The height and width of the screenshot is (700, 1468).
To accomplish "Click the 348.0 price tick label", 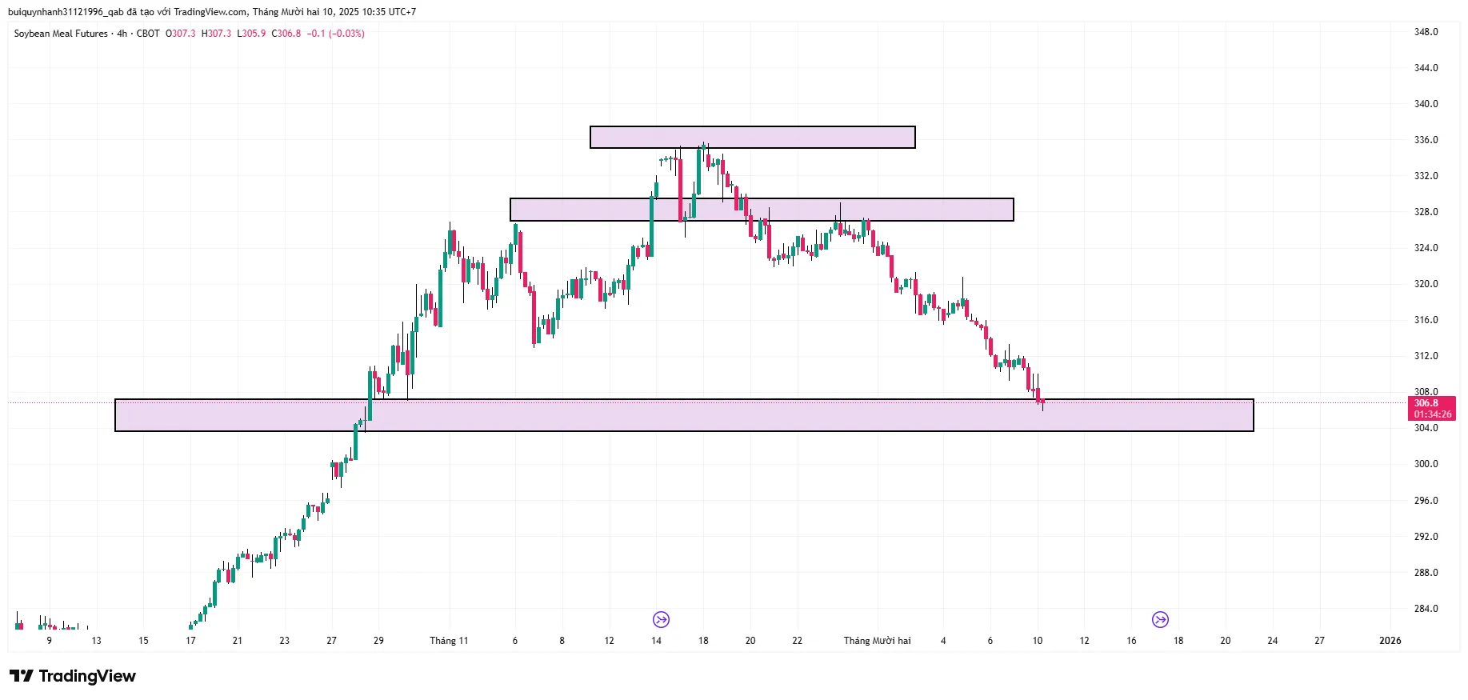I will (x=1426, y=32).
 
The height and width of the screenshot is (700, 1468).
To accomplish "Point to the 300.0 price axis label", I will (x=1426, y=464).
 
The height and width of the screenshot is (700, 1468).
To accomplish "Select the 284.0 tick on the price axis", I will (x=1426, y=609).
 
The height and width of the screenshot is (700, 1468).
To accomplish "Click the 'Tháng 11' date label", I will (x=449, y=641).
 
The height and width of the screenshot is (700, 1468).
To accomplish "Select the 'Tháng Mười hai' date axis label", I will (x=877, y=641).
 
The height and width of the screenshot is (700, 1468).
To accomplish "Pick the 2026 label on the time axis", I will (x=1390, y=641).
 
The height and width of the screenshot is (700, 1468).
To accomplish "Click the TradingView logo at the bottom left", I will (x=73, y=676).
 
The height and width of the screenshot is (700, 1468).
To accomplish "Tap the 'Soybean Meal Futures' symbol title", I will (x=61, y=34).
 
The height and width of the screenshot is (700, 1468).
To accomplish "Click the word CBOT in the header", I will (x=148, y=34).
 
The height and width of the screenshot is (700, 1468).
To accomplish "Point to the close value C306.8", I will (x=286, y=34).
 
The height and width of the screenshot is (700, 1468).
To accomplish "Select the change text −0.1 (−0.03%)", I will (x=336, y=34).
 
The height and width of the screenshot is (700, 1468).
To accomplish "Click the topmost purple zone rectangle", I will (x=752, y=138).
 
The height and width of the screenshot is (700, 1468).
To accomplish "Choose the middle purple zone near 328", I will (x=762, y=210).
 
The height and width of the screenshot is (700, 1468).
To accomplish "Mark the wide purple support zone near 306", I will (x=684, y=415).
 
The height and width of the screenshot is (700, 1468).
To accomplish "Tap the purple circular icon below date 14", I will (x=661, y=619).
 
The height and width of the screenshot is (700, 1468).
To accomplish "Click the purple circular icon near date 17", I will (x=1160, y=619).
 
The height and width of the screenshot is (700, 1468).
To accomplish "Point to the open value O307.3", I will (x=181, y=34).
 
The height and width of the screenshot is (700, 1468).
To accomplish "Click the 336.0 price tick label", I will (x=1426, y=140).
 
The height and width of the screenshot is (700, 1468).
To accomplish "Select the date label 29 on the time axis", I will (x=378, y=641).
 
